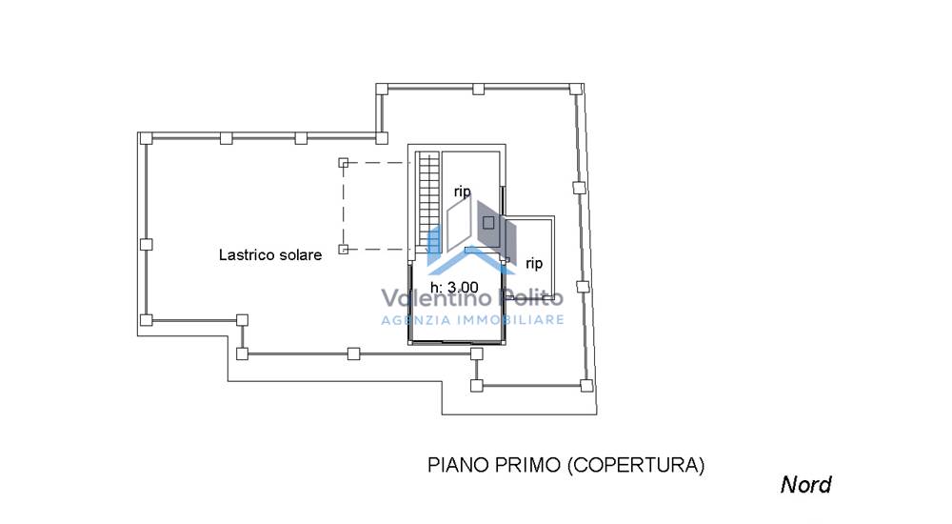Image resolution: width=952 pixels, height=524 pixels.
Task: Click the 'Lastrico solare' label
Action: [270, 254]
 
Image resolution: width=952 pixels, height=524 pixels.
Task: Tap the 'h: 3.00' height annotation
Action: [454, 287]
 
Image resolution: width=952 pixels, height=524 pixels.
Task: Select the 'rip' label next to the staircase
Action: [463, 192]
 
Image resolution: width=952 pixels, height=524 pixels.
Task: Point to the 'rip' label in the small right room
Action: [534, 264]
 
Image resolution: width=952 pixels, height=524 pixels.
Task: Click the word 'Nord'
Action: [805, 485]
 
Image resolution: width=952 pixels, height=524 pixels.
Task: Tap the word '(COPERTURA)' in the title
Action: [636, 465]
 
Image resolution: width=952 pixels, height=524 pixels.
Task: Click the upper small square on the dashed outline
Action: [343, 163]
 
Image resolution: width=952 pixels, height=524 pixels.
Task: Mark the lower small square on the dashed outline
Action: [343, 250]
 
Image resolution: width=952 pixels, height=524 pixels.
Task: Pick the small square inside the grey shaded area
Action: [488, 223]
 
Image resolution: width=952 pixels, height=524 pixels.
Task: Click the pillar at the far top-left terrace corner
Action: [146, 138]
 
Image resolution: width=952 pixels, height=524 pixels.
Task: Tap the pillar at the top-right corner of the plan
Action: [575, 90]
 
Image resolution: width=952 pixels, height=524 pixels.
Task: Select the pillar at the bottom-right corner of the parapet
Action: [586, 386]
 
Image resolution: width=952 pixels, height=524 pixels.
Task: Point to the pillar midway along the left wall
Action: [146, 244]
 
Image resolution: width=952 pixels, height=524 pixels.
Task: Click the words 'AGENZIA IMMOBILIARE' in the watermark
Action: [472, 320]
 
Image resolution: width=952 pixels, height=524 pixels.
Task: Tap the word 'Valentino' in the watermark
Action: [436, 298]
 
